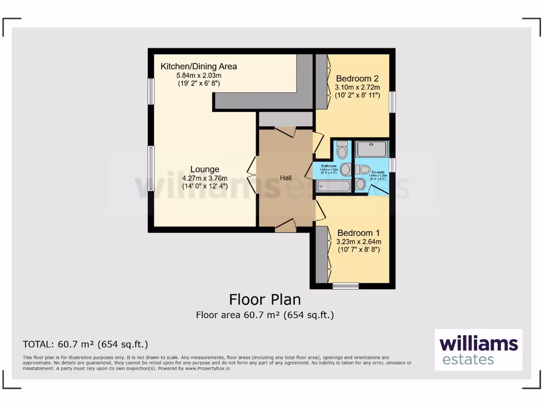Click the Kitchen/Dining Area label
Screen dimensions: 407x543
click(x=199, y=67)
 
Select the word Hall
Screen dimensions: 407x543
click(x=286, y=178)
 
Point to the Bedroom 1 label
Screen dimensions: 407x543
click(x=358, y=233)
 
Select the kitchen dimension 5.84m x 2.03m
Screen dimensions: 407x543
click(x=199, y=75)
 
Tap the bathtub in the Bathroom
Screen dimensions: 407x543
click(x=332, y=186)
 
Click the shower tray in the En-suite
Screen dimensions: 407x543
click(x=372, y=149)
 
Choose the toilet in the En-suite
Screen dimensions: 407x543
click(x=363, y=170)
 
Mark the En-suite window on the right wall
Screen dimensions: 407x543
click(x=392, y=165)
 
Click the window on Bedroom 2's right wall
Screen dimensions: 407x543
click(x=392, y=102)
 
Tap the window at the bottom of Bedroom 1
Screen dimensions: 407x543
click(x=345, y=286)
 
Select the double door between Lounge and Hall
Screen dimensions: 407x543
click(x=251, y=175)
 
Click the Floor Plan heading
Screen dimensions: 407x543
click(x=265, y=299)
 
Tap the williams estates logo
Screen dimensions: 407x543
click(x=478, y=350)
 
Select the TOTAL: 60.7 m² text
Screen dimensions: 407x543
click(x=85, y=344)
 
